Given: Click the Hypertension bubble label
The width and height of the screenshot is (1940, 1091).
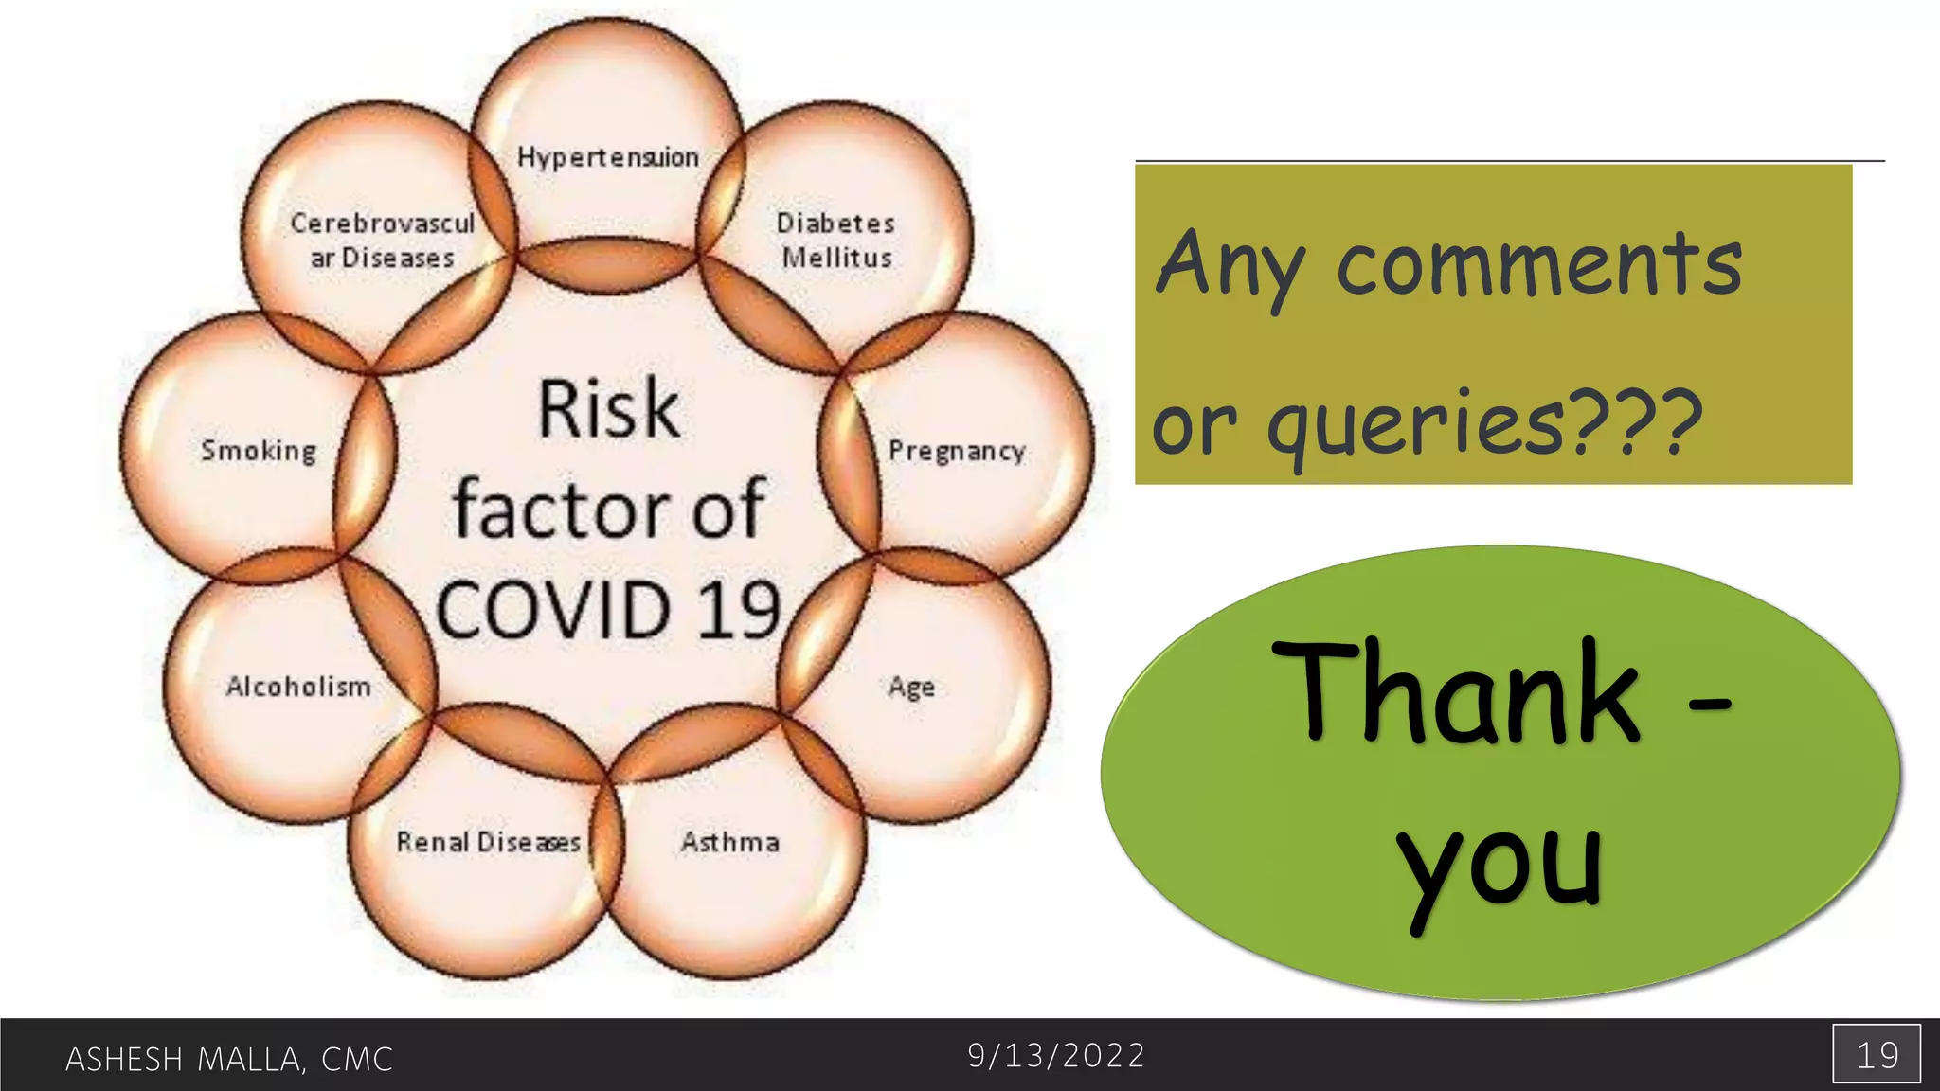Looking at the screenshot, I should pos(608,157).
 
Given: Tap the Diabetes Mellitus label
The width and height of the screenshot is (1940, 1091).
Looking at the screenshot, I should pos(835,241).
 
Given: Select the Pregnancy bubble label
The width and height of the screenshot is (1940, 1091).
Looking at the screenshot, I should pos(957,451).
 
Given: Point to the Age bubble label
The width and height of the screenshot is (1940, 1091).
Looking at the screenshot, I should pos(911,687).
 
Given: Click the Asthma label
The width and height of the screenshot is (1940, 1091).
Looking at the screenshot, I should pos(730,842).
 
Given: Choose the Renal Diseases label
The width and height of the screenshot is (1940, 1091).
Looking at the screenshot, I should pos(488,842).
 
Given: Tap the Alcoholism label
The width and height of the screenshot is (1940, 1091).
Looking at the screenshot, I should pos(298,687).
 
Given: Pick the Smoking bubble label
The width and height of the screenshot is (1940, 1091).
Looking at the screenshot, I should pos(259,451).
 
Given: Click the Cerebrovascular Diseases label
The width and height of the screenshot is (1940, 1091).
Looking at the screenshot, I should pos(382,241).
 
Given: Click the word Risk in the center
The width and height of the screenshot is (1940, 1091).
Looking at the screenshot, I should pos(609,409).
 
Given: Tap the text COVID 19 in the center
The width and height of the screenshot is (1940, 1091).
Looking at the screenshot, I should pos(609,610).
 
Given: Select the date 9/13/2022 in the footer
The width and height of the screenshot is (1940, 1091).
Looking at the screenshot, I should pos(1056,1055).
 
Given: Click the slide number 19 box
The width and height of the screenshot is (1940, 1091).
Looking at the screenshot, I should pos(1877,1054).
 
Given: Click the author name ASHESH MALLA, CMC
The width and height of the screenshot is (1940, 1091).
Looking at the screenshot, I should pos(229,1059).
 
